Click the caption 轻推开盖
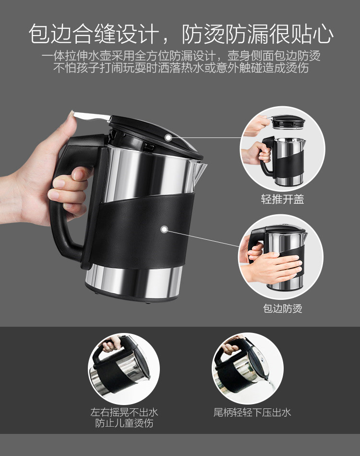(282, 199)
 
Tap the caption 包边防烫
(282, 308)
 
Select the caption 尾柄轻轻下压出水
(252, 412)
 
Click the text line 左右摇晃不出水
(124, 412)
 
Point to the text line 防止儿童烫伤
(124, 423)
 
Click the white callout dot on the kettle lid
(168, 137)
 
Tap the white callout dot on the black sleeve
(164, 230)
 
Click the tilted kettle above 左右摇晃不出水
(120, 368)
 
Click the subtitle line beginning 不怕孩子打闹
(181, 68)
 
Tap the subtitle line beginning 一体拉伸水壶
(181, 56)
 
